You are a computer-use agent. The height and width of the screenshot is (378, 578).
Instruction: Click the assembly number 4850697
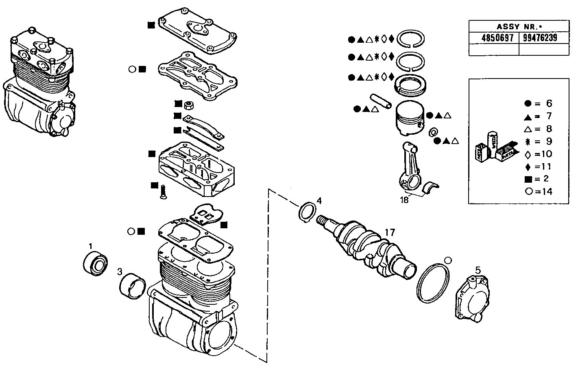tap(493, 38)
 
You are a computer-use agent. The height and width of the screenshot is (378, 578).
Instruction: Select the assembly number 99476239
tap(540, 38)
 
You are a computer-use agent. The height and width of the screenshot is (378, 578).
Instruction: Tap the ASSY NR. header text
tap(519, 27)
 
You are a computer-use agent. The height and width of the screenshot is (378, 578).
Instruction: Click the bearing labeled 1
tap(95, 262)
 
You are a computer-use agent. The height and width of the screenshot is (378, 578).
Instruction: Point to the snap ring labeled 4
tap(308, 211)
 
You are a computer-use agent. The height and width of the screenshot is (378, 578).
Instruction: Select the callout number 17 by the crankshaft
tap(389, 232)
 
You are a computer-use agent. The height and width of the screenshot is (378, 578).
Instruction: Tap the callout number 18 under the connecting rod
tap(404, 199)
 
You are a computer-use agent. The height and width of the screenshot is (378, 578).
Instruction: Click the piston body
tap(410, 118)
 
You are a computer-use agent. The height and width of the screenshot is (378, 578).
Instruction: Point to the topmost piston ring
tap(411, 39)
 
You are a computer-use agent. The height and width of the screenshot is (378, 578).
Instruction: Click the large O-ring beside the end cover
tap(433, 284)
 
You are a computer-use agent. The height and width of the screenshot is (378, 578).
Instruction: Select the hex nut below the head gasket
tap(188, 105)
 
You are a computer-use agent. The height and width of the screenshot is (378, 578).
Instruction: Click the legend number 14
tap(547, 192)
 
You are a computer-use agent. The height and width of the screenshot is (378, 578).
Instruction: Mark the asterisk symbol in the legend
tap(528, 142)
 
